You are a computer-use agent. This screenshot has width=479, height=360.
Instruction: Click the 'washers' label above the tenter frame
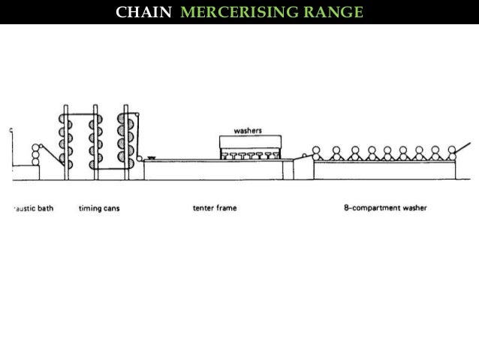248,129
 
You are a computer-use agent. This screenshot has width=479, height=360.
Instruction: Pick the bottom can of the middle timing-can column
96,165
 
